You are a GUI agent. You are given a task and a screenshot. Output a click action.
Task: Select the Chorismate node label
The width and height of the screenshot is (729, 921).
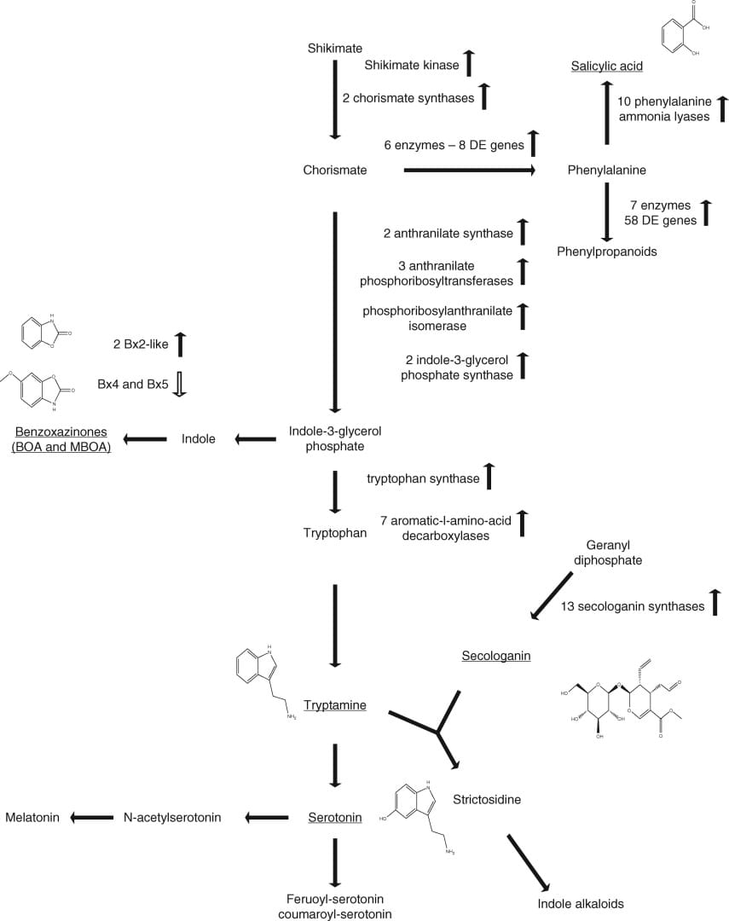click(335, 170)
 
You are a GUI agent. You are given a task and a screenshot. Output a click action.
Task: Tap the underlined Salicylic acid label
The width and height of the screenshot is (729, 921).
click(606, 66)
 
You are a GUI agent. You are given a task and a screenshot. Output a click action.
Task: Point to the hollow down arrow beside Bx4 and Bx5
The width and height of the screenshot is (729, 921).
click(179, 384)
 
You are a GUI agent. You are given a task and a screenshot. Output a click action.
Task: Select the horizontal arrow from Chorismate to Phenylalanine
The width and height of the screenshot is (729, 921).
click(468, 171)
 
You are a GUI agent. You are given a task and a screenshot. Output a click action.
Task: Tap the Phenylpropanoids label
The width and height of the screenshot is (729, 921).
click(607, 252)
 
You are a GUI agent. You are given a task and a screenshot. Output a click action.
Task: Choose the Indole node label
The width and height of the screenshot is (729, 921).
click(198, 439)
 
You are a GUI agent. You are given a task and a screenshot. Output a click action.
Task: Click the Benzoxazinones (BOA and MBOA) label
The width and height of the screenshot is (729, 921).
click(62, 439)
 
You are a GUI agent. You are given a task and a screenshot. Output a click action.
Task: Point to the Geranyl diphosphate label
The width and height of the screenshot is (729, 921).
click(614, 553)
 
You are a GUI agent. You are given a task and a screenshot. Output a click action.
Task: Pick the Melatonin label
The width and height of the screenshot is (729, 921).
click(32, 817)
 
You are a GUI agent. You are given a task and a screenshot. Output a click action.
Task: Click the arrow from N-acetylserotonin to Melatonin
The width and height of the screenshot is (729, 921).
click(91, 817)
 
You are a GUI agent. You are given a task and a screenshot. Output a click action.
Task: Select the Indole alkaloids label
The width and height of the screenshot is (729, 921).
click(581, 904)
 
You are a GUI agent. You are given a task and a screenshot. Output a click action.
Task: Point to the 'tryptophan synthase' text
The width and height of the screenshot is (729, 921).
click(423, 478)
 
